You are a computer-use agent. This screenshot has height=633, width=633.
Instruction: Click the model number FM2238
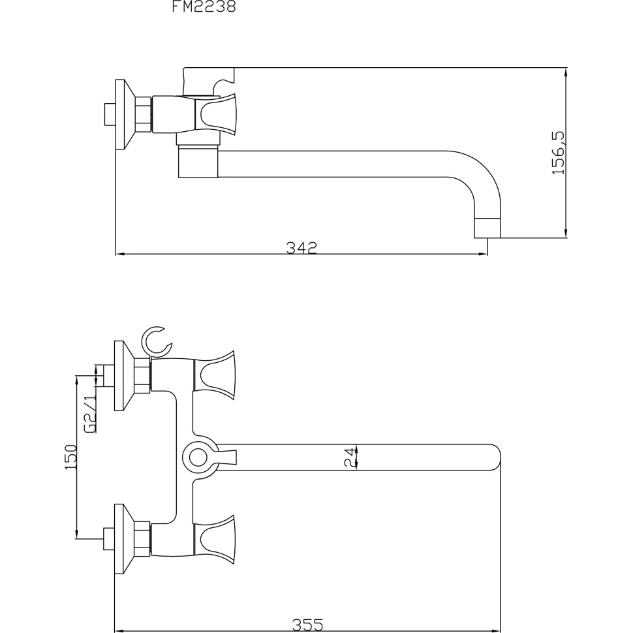(204, 6)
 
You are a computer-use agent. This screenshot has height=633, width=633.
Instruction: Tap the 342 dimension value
(301, 247)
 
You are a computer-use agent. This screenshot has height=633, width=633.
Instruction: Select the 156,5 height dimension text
(559, 153)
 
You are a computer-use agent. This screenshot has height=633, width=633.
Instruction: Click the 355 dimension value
(307, 625)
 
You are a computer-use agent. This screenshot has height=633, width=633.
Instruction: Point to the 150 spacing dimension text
(70, 457)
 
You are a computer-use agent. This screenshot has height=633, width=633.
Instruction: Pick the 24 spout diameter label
(351, 457)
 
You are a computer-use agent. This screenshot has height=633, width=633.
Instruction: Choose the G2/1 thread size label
(89, 414)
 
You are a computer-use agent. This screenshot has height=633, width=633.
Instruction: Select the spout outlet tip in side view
(487, 228)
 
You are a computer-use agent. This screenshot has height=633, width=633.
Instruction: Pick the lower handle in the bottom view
(214, 539)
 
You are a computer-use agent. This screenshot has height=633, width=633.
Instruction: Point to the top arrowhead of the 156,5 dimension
(566, 72)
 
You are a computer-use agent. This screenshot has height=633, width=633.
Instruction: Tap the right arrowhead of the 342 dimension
(482, 254)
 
